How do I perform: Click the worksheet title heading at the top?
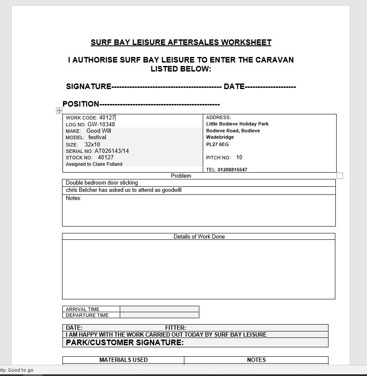181,42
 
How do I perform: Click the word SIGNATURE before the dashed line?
89,87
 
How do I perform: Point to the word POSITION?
81,104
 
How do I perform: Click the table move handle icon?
59,110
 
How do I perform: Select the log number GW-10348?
101,125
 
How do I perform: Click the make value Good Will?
98,131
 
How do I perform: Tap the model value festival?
97,137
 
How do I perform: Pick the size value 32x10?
92,145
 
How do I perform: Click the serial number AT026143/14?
112,151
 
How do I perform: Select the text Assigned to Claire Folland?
94,164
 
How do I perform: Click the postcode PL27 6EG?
217,144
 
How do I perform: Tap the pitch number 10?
239,158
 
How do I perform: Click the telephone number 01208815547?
232,170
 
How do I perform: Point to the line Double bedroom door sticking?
102,183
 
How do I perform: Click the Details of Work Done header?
199,236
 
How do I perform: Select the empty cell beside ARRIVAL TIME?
159,309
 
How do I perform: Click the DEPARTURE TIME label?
87,315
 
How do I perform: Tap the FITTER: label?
175,328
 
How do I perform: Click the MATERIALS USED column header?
124,360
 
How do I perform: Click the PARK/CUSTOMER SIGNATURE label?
124,343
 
